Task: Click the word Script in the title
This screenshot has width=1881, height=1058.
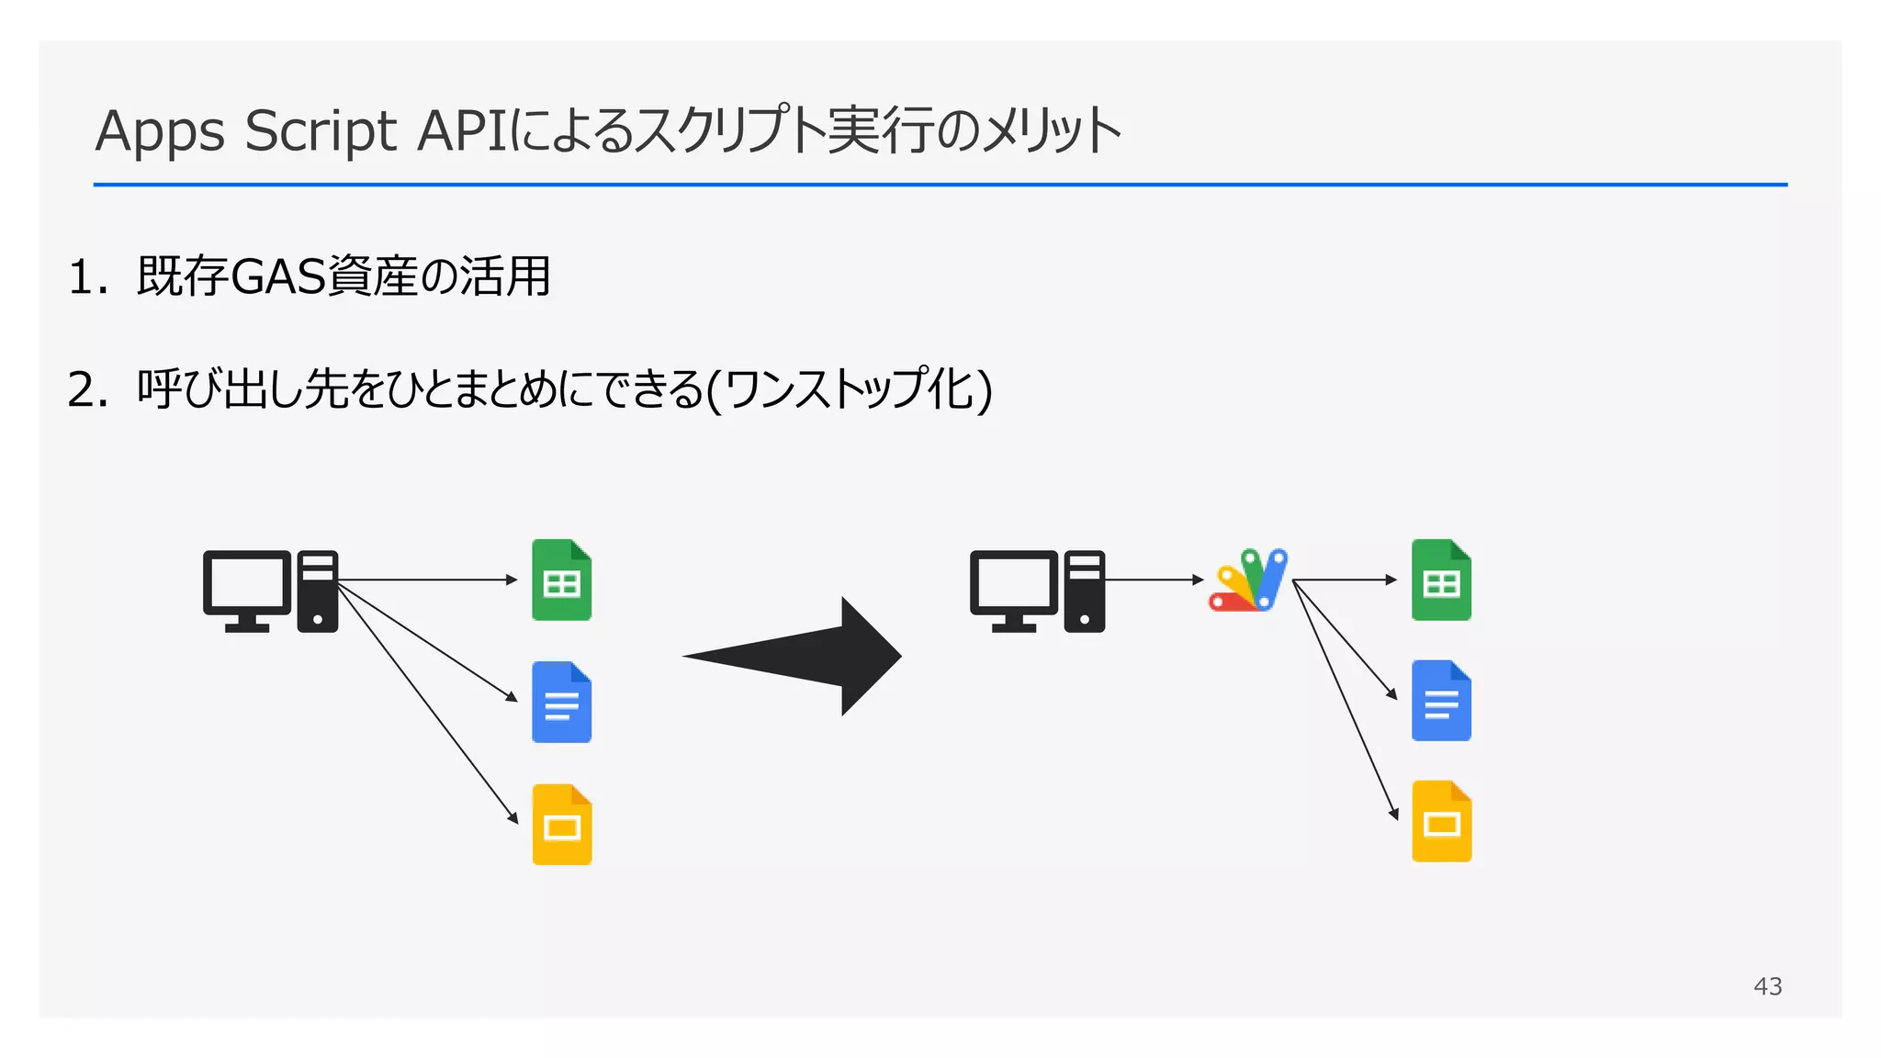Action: click(x=321, y=130)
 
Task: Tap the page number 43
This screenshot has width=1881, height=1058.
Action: click(x=1767, y=986)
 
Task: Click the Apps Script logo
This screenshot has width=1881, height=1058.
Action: click(x=1248, y=580)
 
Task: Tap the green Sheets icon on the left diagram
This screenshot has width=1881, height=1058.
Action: click(x=561, y=580)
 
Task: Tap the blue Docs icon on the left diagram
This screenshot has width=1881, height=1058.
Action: click(x=561, y=703)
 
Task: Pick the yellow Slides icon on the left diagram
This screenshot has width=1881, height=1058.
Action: click(x=561, y=825)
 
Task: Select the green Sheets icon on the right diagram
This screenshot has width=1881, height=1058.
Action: click(x=1441, y=580)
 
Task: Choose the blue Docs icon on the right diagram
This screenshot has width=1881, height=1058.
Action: click(x=1441, y=701)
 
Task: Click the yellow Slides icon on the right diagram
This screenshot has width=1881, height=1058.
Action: click(x=1441, y=822)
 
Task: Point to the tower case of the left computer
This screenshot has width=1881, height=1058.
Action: click(x=318, y=591)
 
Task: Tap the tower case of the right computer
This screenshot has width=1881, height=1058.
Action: click(x=1085, y=591)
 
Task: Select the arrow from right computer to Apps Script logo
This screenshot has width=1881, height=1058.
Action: click(x=1154, y=580)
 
